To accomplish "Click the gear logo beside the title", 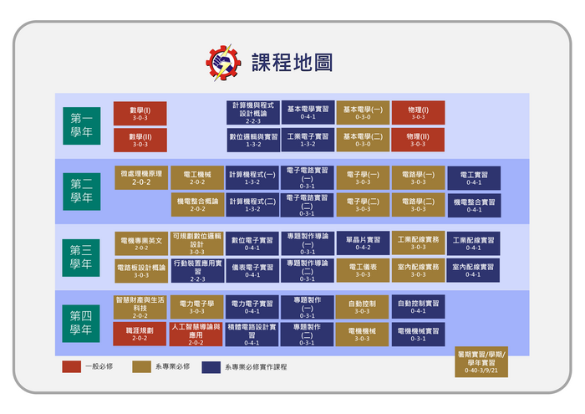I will pyautogui.click(x=223, y=62).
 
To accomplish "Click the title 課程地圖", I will pyautogui.click(x=292, y=62).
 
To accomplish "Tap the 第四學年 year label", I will pyautogui.click(x=81, y=322).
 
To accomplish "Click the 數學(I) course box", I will pyautogui.click(x=140, y=113).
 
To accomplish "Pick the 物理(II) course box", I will pyautogui.click(x=418, y=140).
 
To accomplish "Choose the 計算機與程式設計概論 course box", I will pyautogui.click(x=252, y=113).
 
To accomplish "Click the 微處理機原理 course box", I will pyautogui.click(x=141, y=177).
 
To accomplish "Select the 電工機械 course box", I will pyautogui.click(x=196, y=177).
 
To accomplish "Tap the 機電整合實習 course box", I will pyautogui.click(x=474, y=205).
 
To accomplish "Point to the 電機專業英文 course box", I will pyautogui.click(x=141, y=243).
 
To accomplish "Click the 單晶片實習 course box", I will pyautogui.click(x=363, y=243).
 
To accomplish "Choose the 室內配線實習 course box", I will pyautogui.click(x=474, y=270).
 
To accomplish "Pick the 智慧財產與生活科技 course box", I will pyautogui.click(x=140, y=307).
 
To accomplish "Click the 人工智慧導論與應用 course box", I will pyautogui.click(x=196, y=334).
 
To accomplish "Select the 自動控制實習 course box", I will pyautogui.click(x=418, y=307).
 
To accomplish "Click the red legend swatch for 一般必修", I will pyautogui.click(x=71, y=366).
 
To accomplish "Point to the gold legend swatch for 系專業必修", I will pyautogui.click(x=141, y=366).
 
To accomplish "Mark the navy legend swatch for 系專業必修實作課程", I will pyautogui.click(x=211, y=366).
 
